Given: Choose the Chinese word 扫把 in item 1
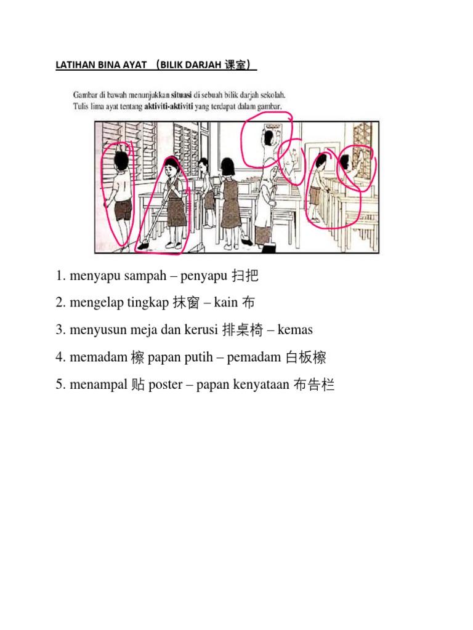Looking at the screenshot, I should point(245,276).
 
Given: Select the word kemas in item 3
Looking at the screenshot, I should point(295,330).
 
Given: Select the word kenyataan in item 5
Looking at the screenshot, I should point(259,385).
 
